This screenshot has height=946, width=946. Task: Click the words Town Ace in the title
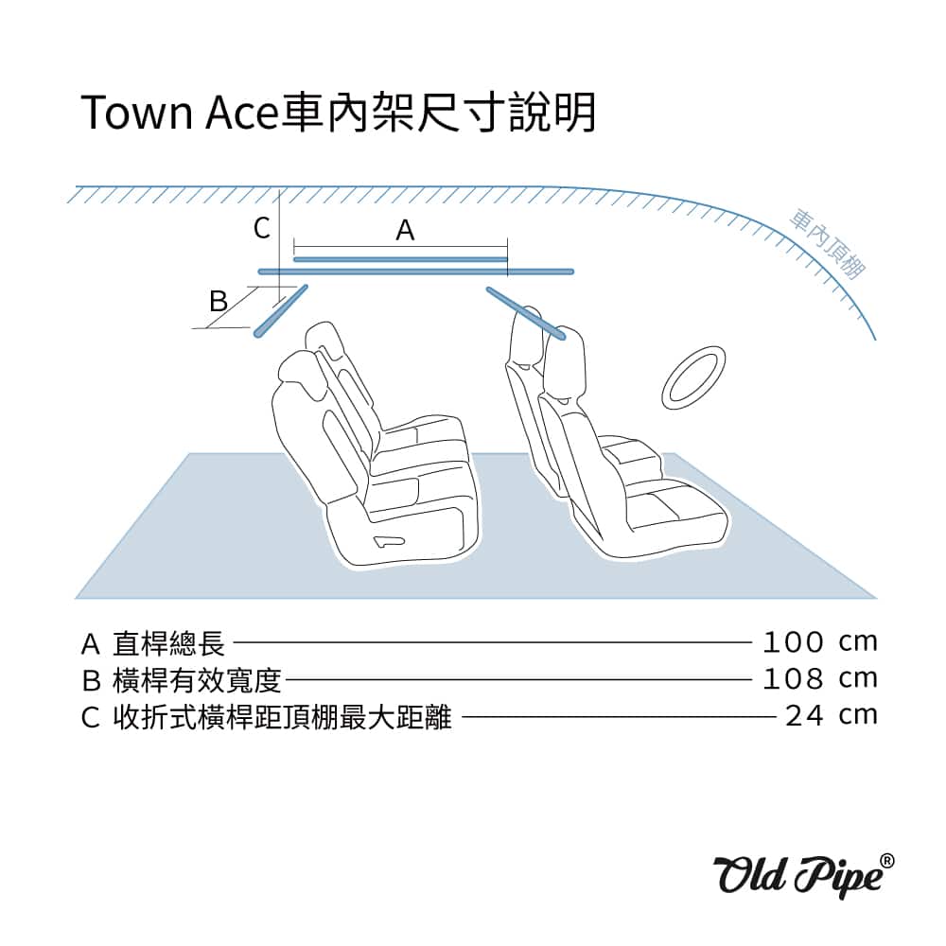pyautogui.click(x=179, y=113)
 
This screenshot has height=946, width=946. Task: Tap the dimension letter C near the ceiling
pyautogui.click(x=262, y=229)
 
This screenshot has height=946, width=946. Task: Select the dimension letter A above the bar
pyautogui.click(x=405, y=230)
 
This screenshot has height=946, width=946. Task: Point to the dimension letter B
pyautogui.click(x=219, y=301)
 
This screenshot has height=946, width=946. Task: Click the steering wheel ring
pyautogui.click(x=692, y=377)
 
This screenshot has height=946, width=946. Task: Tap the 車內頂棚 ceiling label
pyautogui.click(x=827, y=243)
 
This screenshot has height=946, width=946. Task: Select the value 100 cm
pyautogui.click(x=819, y=642)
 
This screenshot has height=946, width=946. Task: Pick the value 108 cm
pyautogui.click(x=819, y=679)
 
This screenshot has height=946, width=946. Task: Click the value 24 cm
pyautogui.click(x=831, y=716)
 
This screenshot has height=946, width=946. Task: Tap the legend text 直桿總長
pyautogui.click(x=169, y=643)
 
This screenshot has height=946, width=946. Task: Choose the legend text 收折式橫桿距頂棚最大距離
pyautogui.click(x=282, y=717)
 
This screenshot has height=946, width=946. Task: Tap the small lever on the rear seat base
pyautogui.click(x=389, y=542)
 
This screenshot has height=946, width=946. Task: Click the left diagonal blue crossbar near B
pyautogui.click(x=281, y=310)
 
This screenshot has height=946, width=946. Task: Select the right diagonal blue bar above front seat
pyautogui.click(x=526, y=313)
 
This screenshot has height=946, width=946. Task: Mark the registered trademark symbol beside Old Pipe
pyautogui.click(x=887, y=861)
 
